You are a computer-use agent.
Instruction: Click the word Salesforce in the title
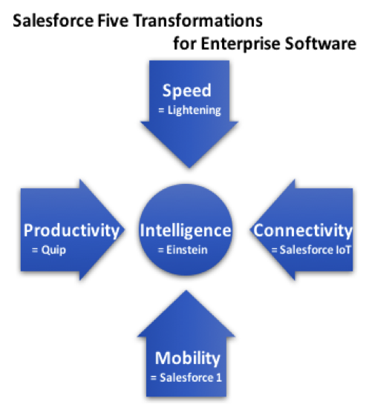click(53, 21)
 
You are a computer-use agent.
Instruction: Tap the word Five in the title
click(113, 21)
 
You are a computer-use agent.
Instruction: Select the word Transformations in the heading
click(198, 21)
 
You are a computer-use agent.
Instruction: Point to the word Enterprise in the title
click(241, 44)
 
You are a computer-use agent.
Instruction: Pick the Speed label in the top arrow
click(187, 91)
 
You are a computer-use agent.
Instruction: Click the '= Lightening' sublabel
click(189, 110)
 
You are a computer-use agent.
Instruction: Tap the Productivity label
click(71, 231)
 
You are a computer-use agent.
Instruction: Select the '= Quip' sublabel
click(49, 250)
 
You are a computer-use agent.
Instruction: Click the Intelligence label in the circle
click(186, 231)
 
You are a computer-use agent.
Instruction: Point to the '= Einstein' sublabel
click(183, 250)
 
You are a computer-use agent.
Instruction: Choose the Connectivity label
click(303, 231)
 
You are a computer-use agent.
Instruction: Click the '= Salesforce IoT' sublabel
click(311, 250)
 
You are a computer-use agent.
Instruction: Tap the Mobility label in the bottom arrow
click(188, 359)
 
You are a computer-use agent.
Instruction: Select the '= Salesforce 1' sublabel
click(186, 378)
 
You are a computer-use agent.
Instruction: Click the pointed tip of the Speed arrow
click(189, 168)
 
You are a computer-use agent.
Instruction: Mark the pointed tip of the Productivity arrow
click(125, 230)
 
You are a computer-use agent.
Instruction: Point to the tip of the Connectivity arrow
click(249, 230)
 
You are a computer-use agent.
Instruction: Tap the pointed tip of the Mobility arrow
click(186, 291)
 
